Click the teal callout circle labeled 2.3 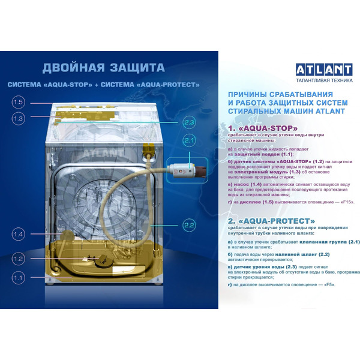(189, 122)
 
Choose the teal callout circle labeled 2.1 (189, 141)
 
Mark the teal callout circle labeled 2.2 (189, 226)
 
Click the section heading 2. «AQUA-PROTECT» (272, 220)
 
